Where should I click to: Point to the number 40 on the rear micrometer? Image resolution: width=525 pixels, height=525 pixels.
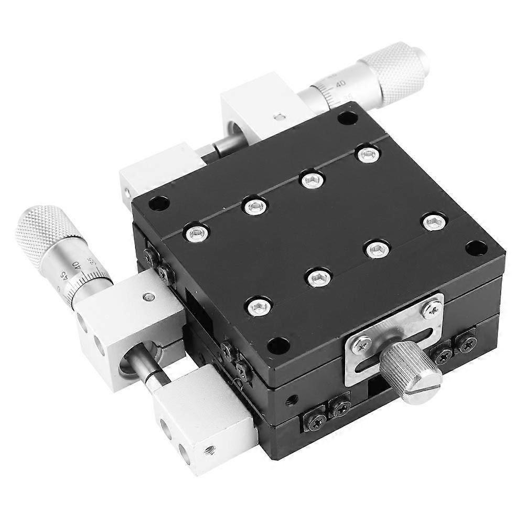[340, 83]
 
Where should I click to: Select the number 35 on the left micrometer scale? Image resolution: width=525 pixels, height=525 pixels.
[91, 261]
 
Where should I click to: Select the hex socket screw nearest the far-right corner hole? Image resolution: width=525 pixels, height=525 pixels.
[431, 222]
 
